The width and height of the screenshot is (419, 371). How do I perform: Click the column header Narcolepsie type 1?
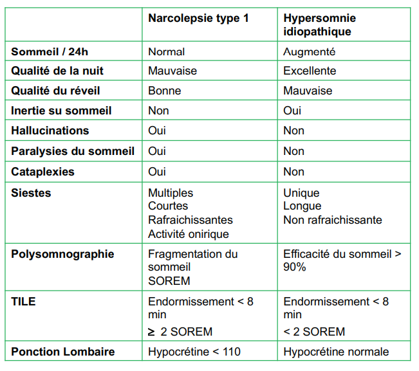tap(198, 18)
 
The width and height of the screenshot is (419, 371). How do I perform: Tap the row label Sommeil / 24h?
tap(50, 51)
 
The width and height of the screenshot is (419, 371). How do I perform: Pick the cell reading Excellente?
tap(310, 71)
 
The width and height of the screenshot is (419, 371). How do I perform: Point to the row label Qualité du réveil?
tap(56, 91)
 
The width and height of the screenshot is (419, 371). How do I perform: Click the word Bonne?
tap(164, 91)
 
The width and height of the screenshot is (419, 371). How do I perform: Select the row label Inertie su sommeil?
tap(61, 111)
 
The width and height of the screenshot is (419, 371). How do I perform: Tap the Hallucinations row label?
tap(50, 131)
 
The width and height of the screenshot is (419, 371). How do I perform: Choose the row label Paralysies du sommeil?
tap(73, 151)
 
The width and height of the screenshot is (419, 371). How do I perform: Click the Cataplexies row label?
tap(42, 172)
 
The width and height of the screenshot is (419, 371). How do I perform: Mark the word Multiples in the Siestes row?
tap(171, 193)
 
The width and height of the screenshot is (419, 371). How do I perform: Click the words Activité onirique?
tap(188, 234)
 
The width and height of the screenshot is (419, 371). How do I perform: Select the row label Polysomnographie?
tap(62, 254)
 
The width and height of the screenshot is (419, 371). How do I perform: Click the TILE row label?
tap(23, 302)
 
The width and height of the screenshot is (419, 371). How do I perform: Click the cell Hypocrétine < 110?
tap(194, 352)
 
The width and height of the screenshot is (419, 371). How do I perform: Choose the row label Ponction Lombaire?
tap(63, 352)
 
